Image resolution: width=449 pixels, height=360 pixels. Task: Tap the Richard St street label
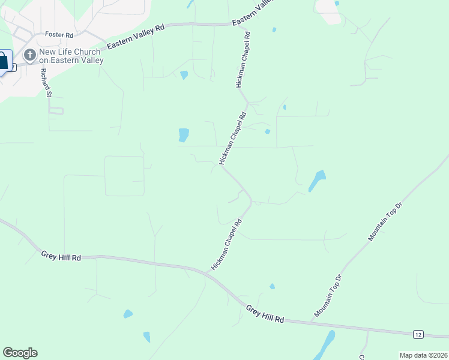(x=46, y=82)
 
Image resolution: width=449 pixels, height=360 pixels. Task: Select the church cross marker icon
(x=29, y=56)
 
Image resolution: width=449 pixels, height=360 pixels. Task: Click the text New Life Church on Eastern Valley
(x=71, y=56)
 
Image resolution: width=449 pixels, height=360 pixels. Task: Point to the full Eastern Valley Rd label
(x=135, y=37)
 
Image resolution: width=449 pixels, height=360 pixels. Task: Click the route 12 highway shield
(x=418, y=334)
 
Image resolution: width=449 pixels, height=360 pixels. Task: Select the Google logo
(x=20, y=353)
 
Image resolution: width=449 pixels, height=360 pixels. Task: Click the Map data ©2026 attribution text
(x=424, y=355)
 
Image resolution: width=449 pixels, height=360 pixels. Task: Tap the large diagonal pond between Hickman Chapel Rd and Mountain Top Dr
(x=316, y=181)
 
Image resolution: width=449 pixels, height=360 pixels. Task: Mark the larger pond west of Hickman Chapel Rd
(x=183, y=135)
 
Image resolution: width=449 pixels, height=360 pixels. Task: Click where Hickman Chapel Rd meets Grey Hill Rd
(x=208, y=272)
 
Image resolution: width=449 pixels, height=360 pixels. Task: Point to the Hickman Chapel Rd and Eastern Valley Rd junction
(x=243, y=24)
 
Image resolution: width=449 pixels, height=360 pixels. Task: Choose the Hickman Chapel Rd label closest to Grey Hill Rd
(x=226, y=244)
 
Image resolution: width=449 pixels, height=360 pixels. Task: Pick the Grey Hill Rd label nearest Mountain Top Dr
(x=264, y=314)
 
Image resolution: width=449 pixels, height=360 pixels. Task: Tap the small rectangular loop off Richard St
(x=56, y=110)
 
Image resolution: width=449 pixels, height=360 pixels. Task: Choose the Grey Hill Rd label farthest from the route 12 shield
(x=61, y=256)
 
